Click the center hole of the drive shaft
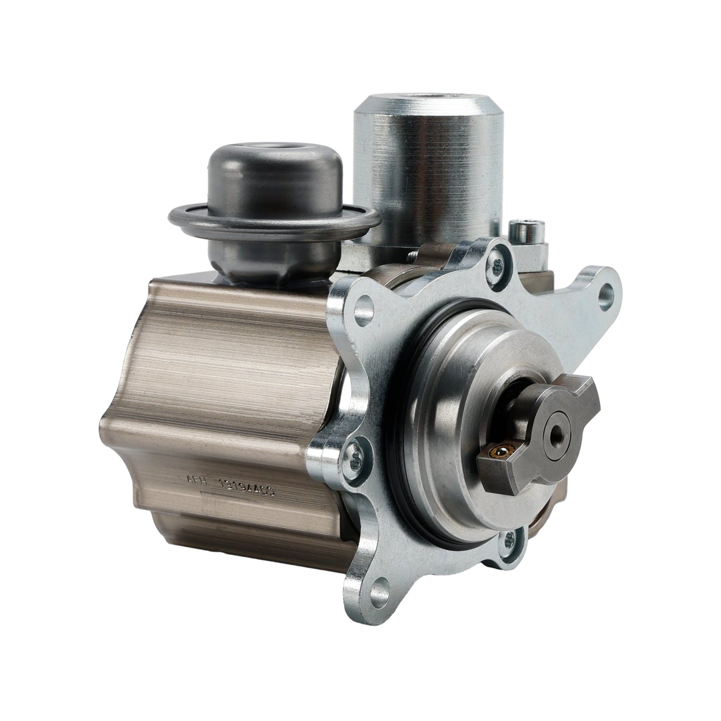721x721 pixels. pos(555,430)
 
